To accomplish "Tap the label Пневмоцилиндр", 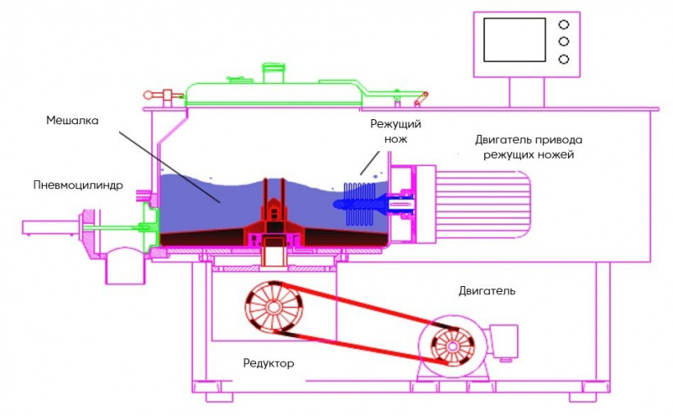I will click(79, 185).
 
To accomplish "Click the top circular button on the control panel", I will click(563, 24).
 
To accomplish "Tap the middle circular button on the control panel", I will click(563, 41).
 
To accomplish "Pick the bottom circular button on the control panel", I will click(563, 58).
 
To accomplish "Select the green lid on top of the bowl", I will click(271, 89).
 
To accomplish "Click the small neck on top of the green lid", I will click(271, 71).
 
